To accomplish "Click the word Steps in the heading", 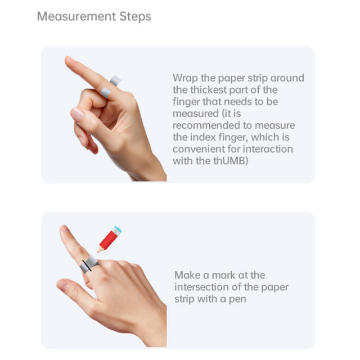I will (135, 16).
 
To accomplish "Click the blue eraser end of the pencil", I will (116, 229).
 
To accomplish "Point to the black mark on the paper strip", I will (85, 265).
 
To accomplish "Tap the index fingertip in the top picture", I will (69, 60).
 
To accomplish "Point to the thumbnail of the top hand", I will (78, 114).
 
